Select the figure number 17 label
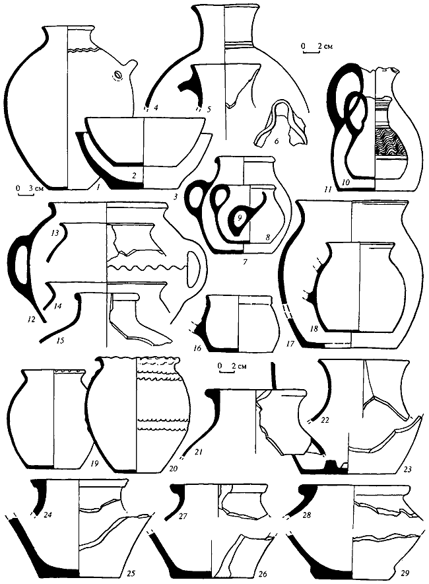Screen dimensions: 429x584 tap(290, 343)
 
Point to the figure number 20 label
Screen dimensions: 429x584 tap(173, 468)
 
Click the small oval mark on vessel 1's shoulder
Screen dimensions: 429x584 tap(117, 75)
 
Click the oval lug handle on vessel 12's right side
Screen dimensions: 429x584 tap(193, 270)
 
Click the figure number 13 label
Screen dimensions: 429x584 tap(55, 233)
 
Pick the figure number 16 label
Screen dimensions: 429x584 tap(197, 348)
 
